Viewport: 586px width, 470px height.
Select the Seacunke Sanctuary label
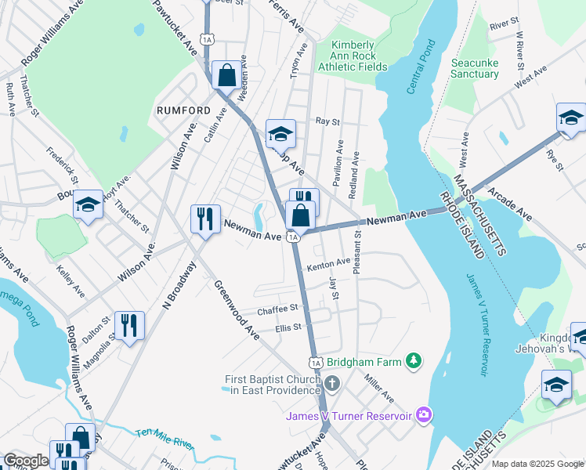(x=475, y=68)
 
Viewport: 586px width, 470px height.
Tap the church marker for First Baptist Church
(x=332, y=384)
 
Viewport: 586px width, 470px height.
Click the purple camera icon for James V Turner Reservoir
(x=424, y=413)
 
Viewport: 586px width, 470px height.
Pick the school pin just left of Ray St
(x=280, y=134)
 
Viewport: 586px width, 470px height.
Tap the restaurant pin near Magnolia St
(x=129, y=324)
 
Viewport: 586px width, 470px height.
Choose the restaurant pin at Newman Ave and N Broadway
(x=205, y=219)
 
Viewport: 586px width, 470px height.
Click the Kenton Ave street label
(x=328, y=266)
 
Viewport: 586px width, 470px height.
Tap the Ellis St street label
(x=288, y=327)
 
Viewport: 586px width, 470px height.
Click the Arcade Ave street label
(x=509, y=204)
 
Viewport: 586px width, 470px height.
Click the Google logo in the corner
(x=26, y=461)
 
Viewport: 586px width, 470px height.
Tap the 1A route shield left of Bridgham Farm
(x=315, y=363)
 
